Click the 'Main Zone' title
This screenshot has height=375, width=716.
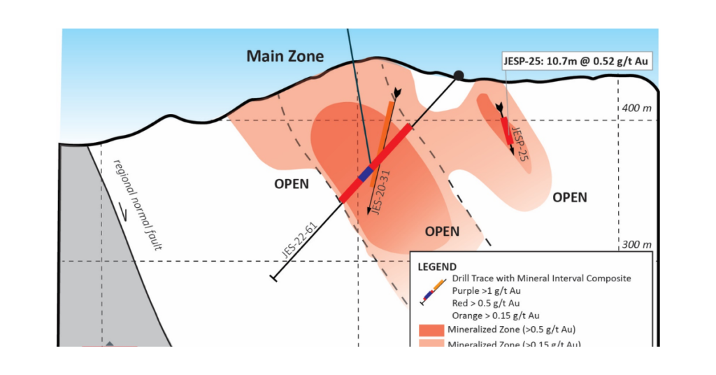tap(285, 56)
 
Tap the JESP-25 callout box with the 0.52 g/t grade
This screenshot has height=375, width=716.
tap(577, 61)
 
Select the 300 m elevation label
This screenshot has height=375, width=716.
tap(636, 245)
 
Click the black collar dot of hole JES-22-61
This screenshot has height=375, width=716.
tap(459, 75)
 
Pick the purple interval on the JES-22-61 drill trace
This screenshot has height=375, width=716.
tap(365, 175)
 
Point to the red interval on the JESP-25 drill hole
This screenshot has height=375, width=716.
tap(505, 130)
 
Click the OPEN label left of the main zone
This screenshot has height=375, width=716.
tap(290, 185)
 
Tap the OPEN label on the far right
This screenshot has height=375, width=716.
tap(570, 197)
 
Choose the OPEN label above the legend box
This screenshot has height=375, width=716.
tap(443, 231)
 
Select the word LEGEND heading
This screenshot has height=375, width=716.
tap(437, 267)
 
